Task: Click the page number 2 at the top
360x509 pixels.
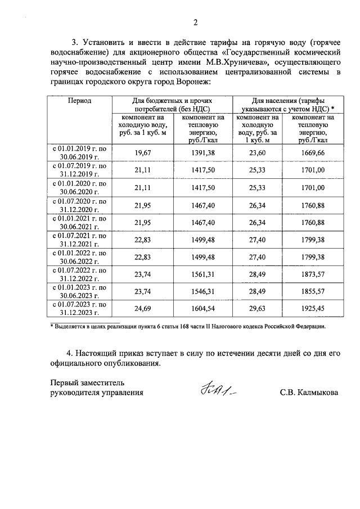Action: click(195, 22)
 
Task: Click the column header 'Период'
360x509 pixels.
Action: click(80, 100)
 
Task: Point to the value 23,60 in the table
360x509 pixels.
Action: click(258, 152)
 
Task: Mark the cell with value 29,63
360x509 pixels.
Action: click(258, 310)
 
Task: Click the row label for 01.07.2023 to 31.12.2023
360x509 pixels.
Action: click(80, 310)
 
